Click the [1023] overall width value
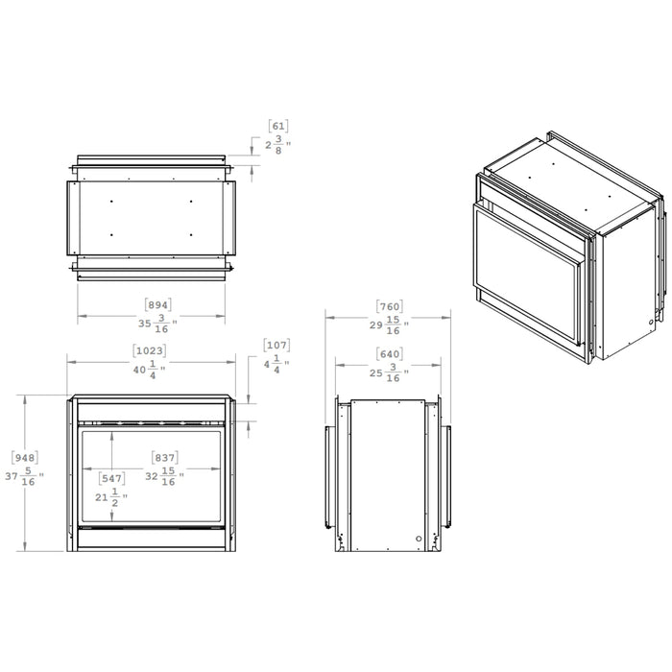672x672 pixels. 151,350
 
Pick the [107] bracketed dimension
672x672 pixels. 276,345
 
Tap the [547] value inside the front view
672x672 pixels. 111,477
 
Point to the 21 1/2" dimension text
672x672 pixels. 109,497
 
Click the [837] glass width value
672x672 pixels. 165,457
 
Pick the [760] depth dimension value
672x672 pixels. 390,306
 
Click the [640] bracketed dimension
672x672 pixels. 390,353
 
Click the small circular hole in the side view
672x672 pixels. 419,540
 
